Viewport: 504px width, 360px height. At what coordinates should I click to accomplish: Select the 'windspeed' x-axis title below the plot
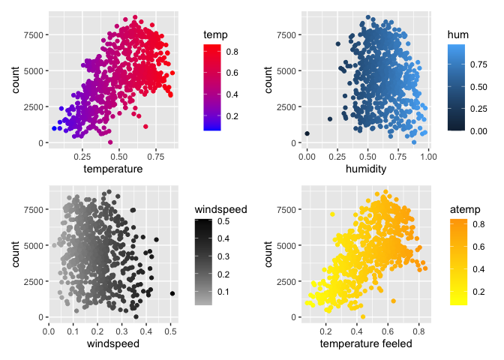pyautogui.click(x=111, y=343)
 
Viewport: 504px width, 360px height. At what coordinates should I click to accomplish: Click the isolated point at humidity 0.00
pyautogui.click(x=307, y=133)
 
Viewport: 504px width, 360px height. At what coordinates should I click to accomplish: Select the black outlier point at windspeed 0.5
pyautogui.click(x=172, y=294)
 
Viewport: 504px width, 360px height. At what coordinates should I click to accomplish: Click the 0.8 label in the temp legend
pyautogui.click(x=233, y=51)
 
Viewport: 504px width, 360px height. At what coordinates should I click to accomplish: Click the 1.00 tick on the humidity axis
pyautogui.click(x=427, y=156)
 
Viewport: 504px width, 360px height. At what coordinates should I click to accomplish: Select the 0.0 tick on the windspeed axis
pyautogui.click(x=49, y=330)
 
